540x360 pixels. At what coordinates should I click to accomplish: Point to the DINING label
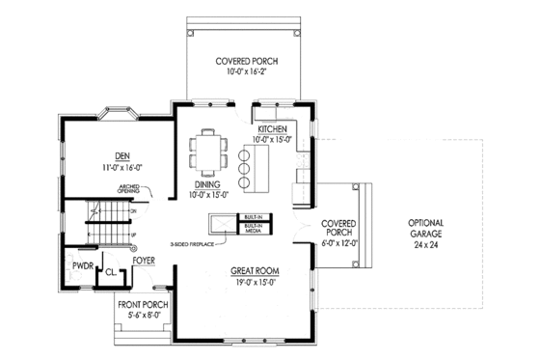pyautogui.click(x=208, y=183)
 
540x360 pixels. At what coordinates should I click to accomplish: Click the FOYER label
pyautogui.click(x=145, y=260)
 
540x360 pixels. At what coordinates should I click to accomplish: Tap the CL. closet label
pyautogui.click(x=111, y=273)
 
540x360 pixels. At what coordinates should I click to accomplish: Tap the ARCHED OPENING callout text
pyautogui.click(x=131, y=189)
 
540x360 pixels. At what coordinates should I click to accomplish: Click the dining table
pyautogui.click(x=208, y=149)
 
